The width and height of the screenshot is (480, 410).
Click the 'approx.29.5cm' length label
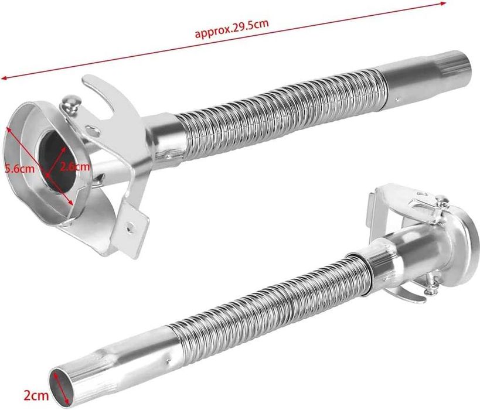232,29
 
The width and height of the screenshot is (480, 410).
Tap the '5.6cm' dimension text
19,168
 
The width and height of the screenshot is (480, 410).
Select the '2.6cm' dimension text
74,167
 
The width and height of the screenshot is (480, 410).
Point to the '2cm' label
36,395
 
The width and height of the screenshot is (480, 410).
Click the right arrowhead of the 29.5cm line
443,4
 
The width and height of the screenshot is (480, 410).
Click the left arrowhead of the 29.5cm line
4,78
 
